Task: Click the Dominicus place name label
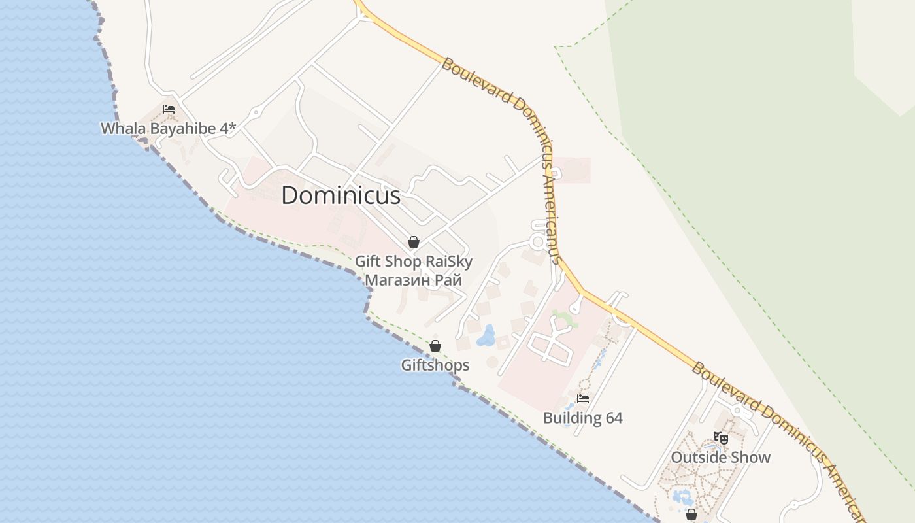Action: point(341,195)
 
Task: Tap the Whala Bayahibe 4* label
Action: point(168,128)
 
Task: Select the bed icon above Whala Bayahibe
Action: point(169,109)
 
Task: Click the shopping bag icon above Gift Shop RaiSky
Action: point(413,242)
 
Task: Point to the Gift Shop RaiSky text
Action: point(413,261)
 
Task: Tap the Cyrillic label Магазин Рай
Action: point(413,280)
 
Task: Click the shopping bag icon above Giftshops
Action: point(435,346)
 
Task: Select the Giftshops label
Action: point(435,365)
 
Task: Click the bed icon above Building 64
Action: point(583,398)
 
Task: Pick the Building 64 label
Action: point(583,418)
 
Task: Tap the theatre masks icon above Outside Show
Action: point(721,437)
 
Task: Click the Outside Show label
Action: point(721,457)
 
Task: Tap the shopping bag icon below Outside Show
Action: point(691,515)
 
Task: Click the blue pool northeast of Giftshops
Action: point(486,336)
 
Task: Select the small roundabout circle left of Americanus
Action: point(538,242)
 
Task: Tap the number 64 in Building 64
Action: point(613,418)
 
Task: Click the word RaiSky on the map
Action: point(448,261)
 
